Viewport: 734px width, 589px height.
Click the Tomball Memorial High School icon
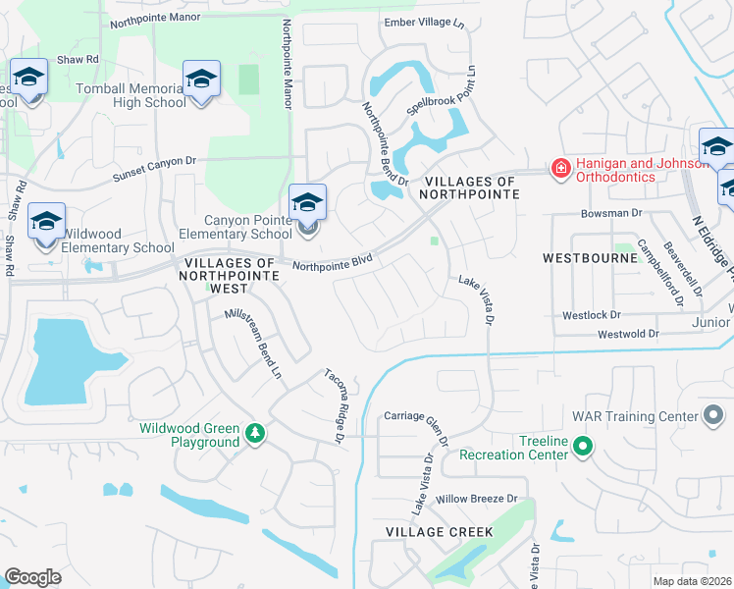(201, 79)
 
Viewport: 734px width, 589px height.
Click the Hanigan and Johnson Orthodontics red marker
(560, 169)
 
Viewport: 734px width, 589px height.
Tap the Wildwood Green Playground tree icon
(255, 432)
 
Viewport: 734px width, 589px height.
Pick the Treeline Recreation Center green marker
(583, 449)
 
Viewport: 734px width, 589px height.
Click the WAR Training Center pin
(714, 416)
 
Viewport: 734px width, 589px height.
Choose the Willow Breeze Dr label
(476, 500)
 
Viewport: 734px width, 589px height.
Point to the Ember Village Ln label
(423, 23)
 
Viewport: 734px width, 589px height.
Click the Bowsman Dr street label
(609, 212)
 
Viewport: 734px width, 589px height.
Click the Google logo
(32, 576)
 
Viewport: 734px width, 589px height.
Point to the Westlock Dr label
(592, 315)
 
